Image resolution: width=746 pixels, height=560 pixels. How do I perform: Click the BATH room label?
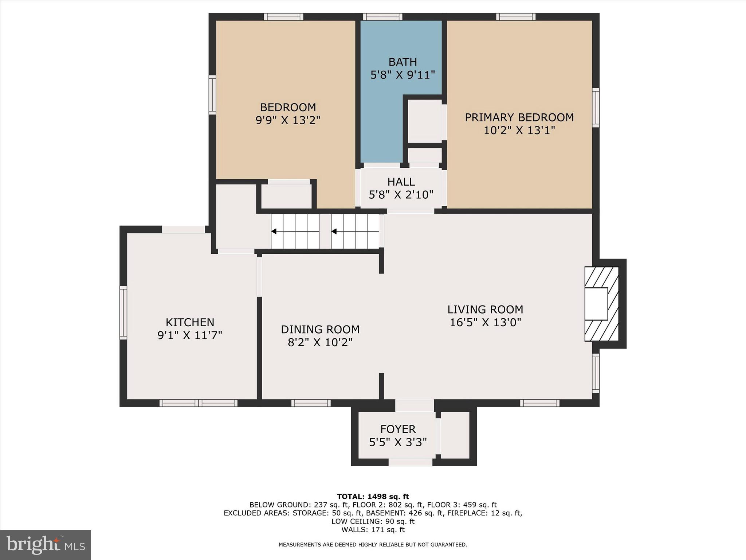tap(403, 62)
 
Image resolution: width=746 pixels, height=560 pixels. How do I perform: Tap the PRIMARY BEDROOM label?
tap(519, 117)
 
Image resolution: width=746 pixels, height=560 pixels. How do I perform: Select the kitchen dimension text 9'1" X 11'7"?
tap(190, 335)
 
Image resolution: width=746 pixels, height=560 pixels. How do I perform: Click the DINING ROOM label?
tap(320, 329)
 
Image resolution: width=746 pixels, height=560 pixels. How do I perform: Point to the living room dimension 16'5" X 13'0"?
tap(485, 322)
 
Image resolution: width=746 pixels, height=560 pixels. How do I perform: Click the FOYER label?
tap(398, 429)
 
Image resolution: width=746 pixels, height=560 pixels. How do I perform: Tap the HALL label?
tap(401, 182)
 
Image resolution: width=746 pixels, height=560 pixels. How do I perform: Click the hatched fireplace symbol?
tap(601, 304)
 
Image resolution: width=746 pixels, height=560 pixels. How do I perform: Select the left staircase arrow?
tap(274, 231)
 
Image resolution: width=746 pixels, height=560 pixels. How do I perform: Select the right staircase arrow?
tap(334, 231)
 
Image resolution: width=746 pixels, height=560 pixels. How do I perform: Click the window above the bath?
tap(382, 17)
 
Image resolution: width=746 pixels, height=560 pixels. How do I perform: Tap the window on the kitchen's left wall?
tap(123, 313)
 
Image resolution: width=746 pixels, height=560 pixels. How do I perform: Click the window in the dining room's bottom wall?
tap(311, 403)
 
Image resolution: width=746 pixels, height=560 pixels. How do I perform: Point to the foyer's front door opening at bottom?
tap(410, 462)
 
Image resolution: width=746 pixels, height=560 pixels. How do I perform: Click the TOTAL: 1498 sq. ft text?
tap(373, 497)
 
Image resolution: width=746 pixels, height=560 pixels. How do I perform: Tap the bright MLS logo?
tap(46, 545)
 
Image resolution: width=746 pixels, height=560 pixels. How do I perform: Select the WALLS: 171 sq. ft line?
tap(373, 530)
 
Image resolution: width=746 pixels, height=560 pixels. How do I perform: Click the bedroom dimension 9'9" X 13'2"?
tap(288, 120)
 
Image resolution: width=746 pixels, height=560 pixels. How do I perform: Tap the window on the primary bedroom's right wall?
tap(596, 108)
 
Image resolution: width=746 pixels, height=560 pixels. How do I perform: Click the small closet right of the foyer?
tap(455, 435)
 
